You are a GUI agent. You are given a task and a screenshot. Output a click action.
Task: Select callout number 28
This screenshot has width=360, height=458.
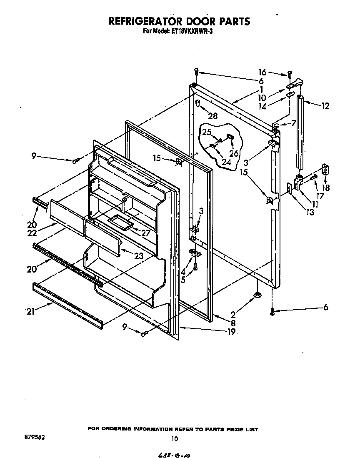pyautogui.click(x=212, y=116)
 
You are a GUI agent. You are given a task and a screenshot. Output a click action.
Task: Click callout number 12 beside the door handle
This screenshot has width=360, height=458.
pyautogui.click(x=325, y=106)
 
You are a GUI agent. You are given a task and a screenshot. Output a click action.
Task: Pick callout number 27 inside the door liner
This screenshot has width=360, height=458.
pyautogui.click(x=145, y=233)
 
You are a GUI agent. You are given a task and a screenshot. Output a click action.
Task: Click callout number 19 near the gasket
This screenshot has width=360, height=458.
pyautogui.click(x=231, y=332)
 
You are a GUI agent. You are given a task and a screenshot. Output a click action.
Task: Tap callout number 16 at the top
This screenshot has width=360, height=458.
pyautogui.click(x=261, y=72)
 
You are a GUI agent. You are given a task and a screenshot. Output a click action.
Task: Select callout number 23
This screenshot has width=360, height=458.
pyautogui.click(x=139, y=256)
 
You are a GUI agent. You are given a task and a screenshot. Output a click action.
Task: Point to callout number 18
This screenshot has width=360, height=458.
pyautogui.click(x=326, y=187)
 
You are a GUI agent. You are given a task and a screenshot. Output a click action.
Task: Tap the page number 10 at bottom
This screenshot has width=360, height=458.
pyautogui.click(x=175, y=438)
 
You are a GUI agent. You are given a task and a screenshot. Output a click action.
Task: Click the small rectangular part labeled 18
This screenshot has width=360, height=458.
pyautogui.click(x=325, y=171)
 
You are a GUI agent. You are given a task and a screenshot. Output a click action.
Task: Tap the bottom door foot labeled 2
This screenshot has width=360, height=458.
pyautogui.click(x=257, y=295)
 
